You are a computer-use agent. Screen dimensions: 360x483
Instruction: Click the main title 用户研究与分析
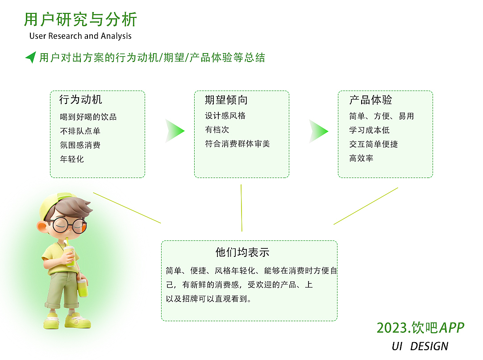80,20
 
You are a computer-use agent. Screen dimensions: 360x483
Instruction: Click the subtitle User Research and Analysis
80,36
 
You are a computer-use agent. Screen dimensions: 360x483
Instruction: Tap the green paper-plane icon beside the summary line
30,57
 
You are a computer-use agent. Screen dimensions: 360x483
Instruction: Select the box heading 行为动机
81,99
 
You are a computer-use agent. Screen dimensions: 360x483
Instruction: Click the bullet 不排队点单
80,131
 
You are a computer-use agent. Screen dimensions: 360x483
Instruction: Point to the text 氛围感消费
80,145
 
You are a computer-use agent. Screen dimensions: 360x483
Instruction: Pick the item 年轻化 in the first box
72,159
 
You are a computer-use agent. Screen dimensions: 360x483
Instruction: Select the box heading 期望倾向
226,100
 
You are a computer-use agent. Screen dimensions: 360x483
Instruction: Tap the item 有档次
217,130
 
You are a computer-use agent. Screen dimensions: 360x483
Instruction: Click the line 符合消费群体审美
237,144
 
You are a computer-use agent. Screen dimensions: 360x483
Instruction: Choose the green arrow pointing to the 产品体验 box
319,131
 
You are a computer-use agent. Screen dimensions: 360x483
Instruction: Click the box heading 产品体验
371,100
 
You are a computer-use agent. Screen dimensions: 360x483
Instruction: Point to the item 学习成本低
370,130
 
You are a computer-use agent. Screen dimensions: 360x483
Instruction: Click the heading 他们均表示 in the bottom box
242,252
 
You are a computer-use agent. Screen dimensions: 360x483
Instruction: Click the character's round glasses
69,225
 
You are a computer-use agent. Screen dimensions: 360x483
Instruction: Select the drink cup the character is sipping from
70,256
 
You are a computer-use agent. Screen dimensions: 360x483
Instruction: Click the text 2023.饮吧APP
420,328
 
